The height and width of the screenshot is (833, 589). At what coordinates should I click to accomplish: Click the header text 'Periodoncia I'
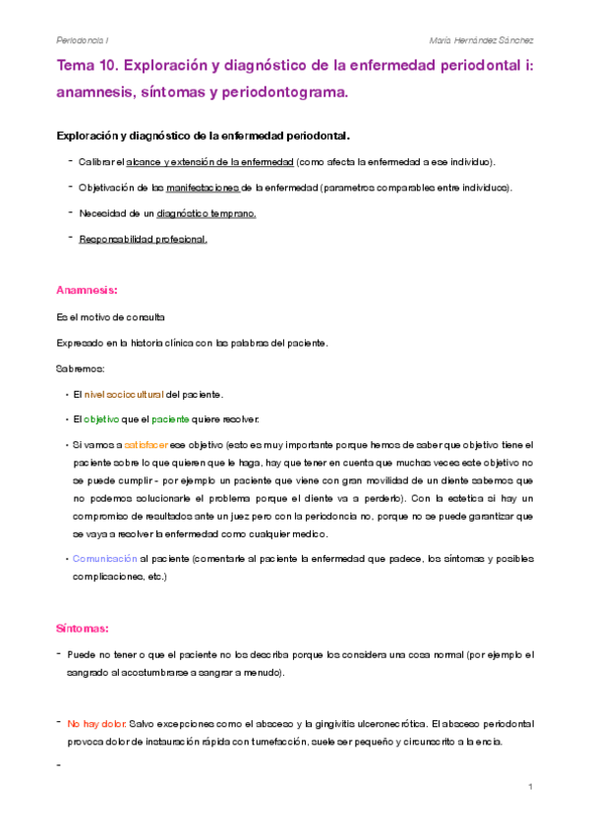83,41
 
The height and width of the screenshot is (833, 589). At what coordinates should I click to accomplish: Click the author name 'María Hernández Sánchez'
482,41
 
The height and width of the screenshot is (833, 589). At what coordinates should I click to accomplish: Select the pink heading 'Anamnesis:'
88,291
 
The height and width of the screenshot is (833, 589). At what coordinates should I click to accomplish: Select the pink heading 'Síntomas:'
83,628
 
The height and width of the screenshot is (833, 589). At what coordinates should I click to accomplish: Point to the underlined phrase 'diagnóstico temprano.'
206,212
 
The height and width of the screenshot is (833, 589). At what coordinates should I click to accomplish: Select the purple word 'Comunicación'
105,558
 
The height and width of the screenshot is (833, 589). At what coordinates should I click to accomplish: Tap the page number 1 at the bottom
529,788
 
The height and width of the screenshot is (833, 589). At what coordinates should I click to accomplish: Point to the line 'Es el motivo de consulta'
111,317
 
